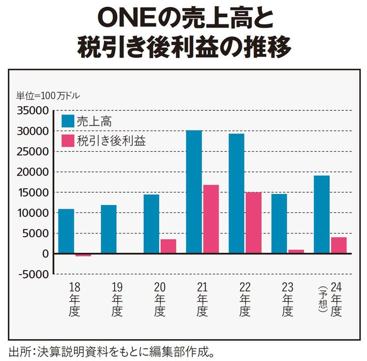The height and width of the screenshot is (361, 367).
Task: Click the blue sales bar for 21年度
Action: coord(194,192)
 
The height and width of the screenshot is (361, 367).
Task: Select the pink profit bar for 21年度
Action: coord(211,219)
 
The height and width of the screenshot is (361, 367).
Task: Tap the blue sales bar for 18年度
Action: coord(66,231)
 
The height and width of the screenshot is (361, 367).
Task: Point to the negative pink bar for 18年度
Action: coord(83,255)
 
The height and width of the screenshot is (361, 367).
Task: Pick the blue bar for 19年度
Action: coord(109,229)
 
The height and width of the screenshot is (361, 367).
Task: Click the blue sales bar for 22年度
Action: coord(236,193)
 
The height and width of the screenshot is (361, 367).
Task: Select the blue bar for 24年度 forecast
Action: coord(322,214)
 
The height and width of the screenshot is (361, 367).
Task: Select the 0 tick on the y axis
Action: coord(45,254)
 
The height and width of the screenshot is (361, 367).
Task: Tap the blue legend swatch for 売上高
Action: coord(68,121)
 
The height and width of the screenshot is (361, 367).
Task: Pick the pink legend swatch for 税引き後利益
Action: coord(68,140)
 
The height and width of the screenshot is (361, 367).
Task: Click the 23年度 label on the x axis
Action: coord(288,299)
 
